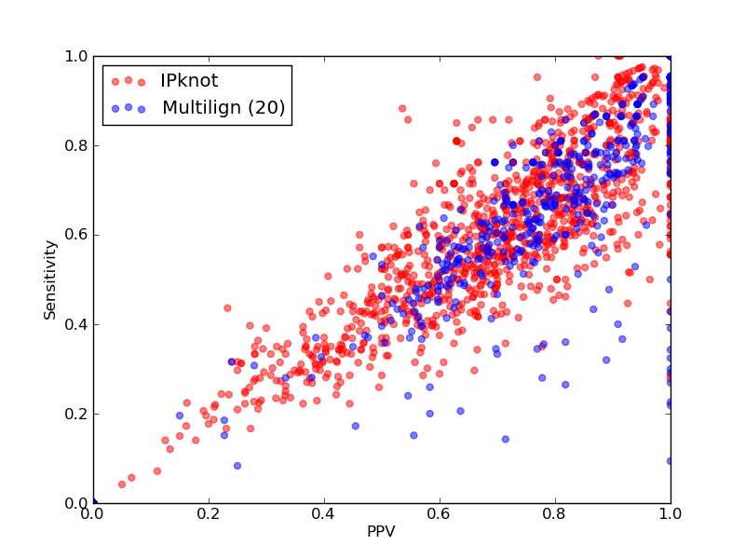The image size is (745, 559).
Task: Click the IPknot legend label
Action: point(189,81)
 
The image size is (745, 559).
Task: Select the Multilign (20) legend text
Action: point(223,107)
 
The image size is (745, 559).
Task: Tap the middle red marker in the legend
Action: point(129,80)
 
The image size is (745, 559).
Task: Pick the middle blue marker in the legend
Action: point(129,107)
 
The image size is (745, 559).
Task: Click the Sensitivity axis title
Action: point(50,280)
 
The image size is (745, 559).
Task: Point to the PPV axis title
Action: point(381,531)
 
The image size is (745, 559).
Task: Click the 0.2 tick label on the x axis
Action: point(209,514)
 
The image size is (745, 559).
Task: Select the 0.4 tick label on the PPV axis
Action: point(324,514)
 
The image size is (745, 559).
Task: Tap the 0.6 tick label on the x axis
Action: point(440,514)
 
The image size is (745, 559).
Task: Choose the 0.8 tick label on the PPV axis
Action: point(555,514)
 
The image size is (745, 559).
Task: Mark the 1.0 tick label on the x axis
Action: point(670,514)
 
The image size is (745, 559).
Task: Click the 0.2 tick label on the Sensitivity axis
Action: point(76,414)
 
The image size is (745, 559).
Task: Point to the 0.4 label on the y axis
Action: point(76,324)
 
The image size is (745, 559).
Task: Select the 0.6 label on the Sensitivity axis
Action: point(76,235)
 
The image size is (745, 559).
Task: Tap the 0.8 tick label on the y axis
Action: point(76,145)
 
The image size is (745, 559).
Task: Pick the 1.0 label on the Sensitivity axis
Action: point(76,56)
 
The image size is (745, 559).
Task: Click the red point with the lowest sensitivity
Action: point(122,484)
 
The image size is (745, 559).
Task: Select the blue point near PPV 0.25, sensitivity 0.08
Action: point(237,466)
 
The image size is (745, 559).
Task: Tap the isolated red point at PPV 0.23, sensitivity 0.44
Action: point(227,308)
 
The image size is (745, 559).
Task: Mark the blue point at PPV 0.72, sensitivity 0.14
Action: point(506,439)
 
